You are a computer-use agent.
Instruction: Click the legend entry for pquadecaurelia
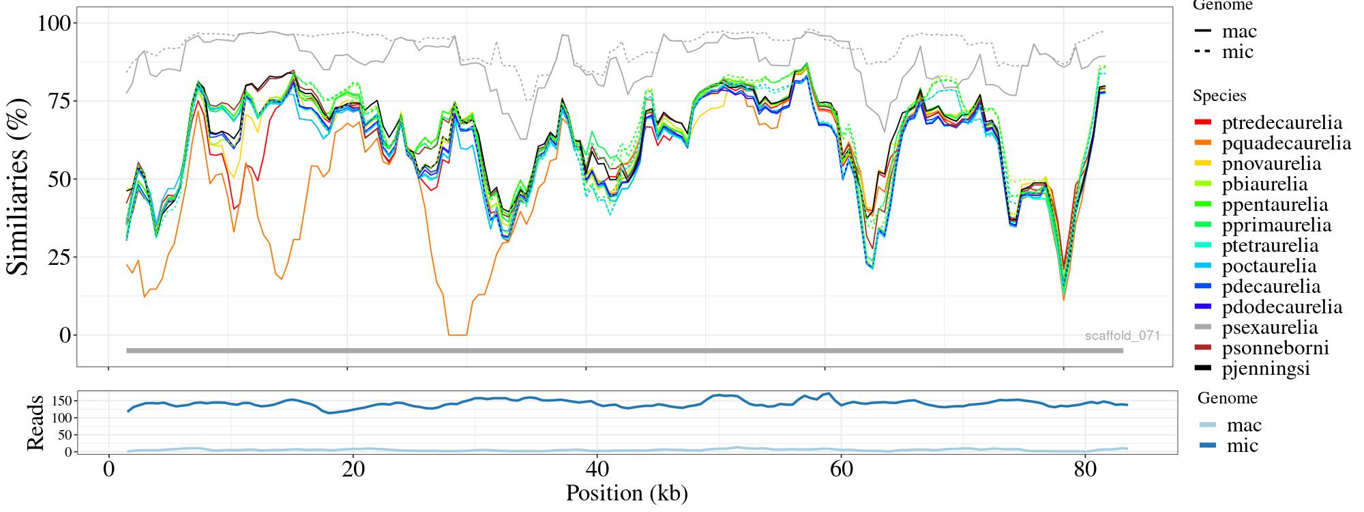pos(1286,143)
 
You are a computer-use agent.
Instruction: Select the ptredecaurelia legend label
pos(1281,123)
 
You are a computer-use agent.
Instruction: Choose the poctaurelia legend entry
pos(1269,266)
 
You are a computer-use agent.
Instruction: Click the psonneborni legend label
pos(1275,348)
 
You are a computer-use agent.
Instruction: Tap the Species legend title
pos(1219,96)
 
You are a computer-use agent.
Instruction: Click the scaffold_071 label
pos(1122,336)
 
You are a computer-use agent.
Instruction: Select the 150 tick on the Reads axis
pos(61,400)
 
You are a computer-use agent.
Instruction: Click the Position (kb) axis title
pos(626,493)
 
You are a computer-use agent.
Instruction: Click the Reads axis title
pos(35,423)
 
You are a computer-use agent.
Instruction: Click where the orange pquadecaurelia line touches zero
pos(458,335)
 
